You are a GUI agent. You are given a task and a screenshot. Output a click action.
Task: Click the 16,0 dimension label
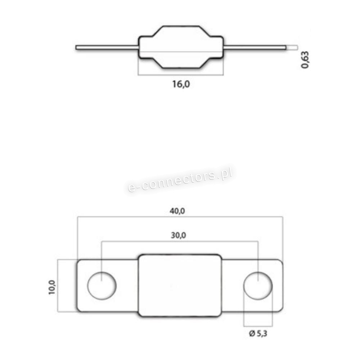coord(181,84)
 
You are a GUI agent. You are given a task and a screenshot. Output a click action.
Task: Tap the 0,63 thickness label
coord(305,60)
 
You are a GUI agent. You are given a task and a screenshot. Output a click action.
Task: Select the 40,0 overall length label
coord(177,211)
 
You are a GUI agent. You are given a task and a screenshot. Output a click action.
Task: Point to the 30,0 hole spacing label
coord(179,235)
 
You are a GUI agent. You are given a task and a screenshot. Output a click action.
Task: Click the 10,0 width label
coord(52,287)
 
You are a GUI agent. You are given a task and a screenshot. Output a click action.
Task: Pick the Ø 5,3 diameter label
coord(258,333)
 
